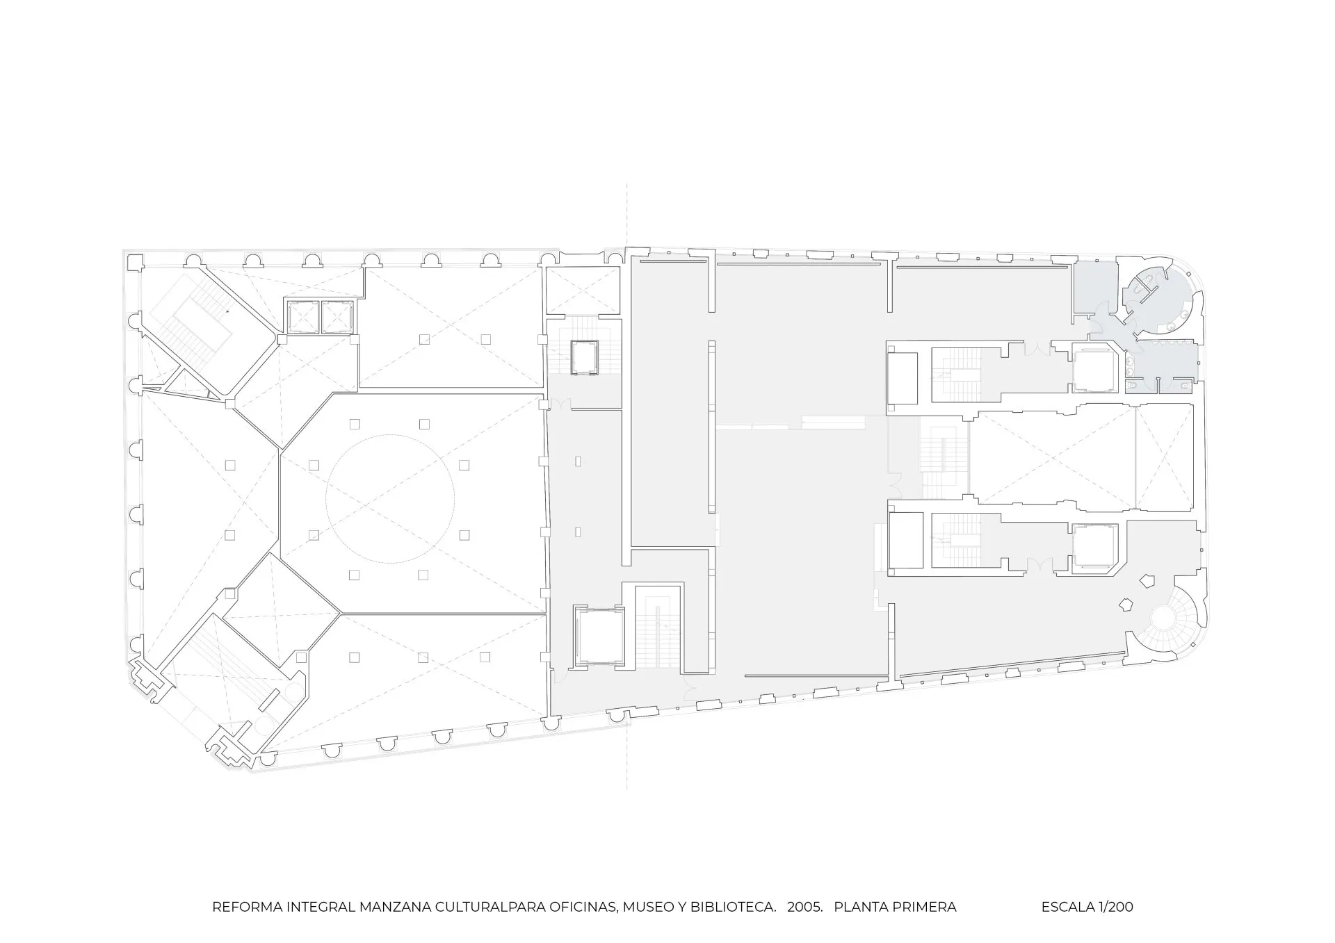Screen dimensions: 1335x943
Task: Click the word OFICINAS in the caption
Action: point(583,907)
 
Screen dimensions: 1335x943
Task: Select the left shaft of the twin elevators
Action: point(302,317)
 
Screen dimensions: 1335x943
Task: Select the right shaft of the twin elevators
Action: point(337,317)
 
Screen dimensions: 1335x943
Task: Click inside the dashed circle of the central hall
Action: point(391,498)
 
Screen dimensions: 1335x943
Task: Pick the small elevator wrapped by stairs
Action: point(584,357)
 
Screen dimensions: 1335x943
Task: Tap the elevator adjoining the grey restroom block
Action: point(1096,370)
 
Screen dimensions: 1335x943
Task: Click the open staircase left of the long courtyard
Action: point(944,457)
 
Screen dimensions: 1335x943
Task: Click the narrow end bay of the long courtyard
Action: point(1165,456)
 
